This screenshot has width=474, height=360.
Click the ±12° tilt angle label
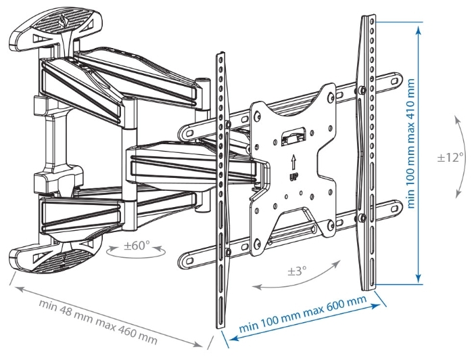tap(450, 157)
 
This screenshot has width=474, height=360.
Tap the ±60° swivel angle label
tap(137, 246)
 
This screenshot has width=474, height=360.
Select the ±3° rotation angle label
tap(297, 271)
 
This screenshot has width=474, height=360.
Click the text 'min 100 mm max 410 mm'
tap(411, 143)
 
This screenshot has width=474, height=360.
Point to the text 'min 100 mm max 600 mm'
tap(303, 314)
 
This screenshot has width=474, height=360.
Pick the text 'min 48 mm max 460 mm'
tap(98, 322)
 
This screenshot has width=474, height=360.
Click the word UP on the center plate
tap(293, 178)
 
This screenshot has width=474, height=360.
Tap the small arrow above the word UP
tap(293, 163)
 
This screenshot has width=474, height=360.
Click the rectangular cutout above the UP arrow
tap(293, 138)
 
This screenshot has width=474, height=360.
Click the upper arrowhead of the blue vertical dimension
tap(419, 31)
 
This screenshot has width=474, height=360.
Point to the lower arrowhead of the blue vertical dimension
tap(419, 278)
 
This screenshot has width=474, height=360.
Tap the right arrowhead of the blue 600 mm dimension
tap(376, 305)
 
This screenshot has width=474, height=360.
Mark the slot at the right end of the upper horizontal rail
tap(395, 81)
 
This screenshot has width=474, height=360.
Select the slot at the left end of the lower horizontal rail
tap(189, 260)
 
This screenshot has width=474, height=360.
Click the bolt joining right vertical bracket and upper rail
tap(362, 90)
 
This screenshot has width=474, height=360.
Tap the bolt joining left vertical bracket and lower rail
tap(229, 251)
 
